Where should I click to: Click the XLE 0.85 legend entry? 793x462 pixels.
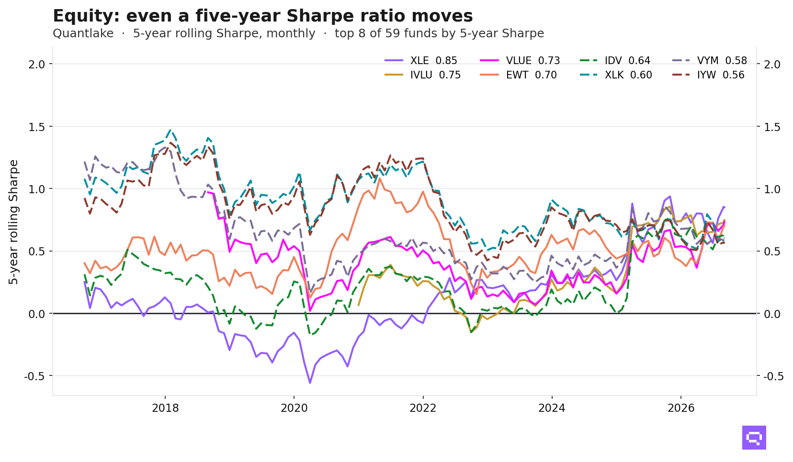(x=421, y=60)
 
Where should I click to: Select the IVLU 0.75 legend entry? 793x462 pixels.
(x=423, y=75)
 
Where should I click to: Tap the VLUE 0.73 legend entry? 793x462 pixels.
(x=520, y=60)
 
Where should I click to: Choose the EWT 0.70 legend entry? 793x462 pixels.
(x=519, y=75)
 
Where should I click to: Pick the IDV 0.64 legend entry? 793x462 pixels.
(x=615, y=60)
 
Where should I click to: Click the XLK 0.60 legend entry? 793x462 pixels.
(x=616, y=75)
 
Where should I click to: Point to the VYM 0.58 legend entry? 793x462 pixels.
(x=710, y=60)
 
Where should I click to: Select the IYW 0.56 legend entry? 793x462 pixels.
(x=708, y=75)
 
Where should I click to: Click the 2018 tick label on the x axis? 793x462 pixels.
(x=165, y=408)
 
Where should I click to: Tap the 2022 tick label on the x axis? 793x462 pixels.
(x=423, y=408)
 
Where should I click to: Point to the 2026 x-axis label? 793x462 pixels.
(x=681, y=408)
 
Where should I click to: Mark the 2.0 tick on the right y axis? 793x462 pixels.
(x=772, y=65)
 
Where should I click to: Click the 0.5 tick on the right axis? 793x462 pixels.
(x=772, y=251)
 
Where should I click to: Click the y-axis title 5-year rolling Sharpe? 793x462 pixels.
(x=13, y=222)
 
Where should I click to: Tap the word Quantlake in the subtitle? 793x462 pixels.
(x=83, y=33)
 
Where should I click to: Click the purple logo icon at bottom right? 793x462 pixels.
(x=754, y=438)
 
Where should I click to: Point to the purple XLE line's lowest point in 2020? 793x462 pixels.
(x=310, y=383)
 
